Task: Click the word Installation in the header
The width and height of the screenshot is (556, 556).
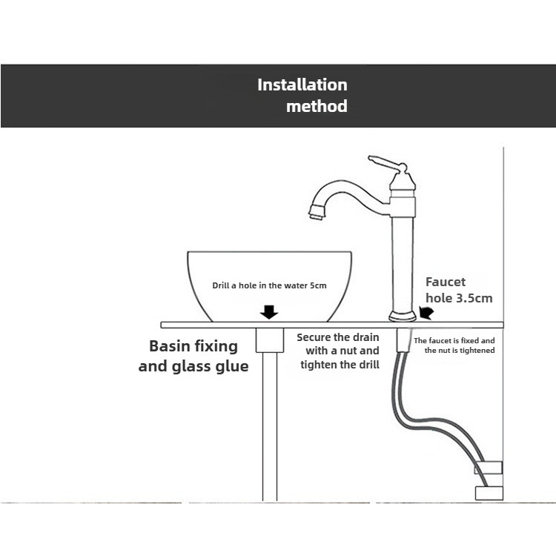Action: coord(302,85)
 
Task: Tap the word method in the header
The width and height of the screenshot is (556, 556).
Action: coord(317,106)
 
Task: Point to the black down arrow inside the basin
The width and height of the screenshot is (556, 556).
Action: coord(269,311)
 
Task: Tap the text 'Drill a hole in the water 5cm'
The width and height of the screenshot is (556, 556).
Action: coord(269,285)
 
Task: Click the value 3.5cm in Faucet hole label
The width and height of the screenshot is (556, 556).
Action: coord(474,298)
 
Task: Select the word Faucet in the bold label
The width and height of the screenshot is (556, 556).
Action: coord(445,282)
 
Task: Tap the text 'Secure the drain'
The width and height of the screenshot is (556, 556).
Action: coord(337,337)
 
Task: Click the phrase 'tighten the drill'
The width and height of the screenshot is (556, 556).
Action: coord(340,364)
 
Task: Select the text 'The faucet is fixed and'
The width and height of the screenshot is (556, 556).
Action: coord(454,340)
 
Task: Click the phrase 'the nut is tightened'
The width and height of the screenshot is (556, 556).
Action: coord(459,350)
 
